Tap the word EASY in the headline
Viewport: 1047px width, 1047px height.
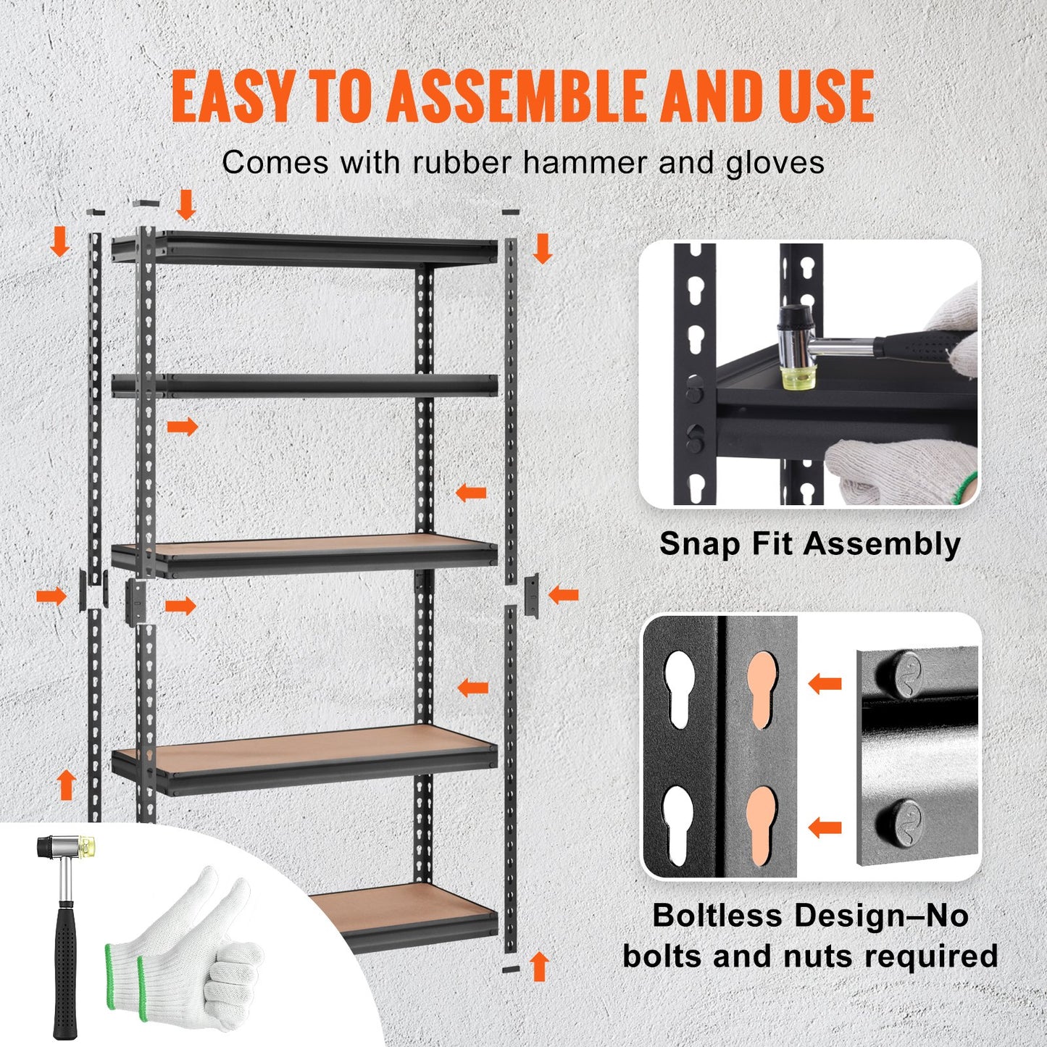pos(233,96)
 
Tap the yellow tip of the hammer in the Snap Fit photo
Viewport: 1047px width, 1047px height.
pos(794,377)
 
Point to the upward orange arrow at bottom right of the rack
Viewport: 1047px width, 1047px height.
pos(538,967)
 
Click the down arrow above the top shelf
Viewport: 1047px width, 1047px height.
pos(186,204)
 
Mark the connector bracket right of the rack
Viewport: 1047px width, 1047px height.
pos(532,595)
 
